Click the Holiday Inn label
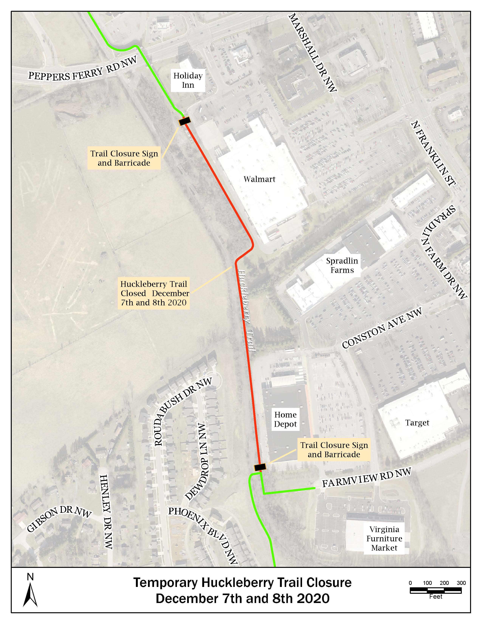pos(188,80)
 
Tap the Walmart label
pos(259,179)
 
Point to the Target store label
pos(417,423)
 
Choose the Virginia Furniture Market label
pos(384,539)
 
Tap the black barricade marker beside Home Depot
pos(260,467)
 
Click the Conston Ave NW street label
pos(382,328)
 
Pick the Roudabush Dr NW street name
pos(183,411)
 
